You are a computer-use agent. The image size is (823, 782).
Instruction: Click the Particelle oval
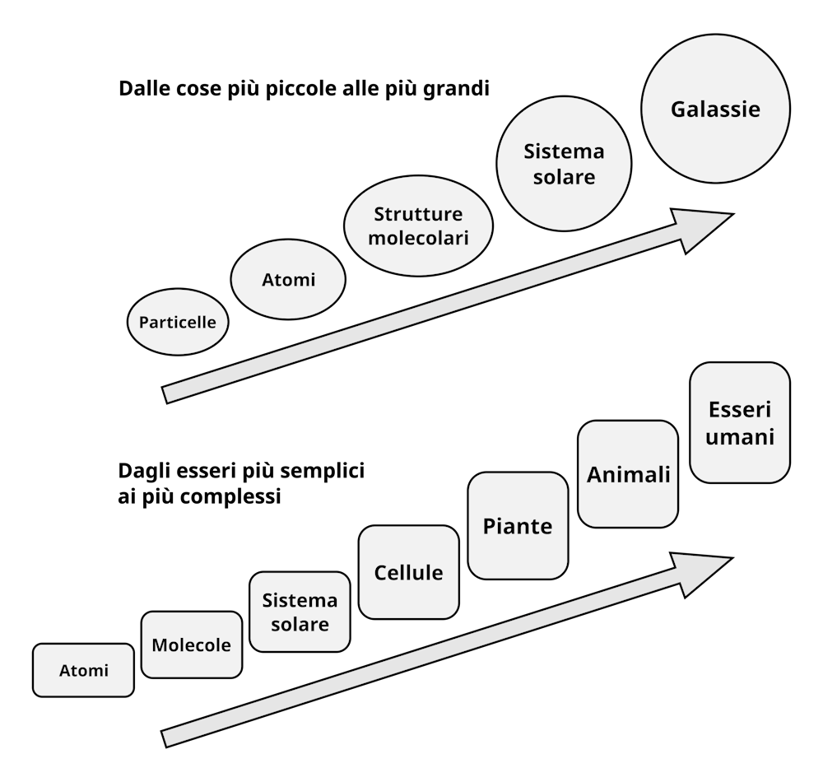(x=178, y=322)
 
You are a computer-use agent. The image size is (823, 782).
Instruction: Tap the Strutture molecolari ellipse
(x=418, y=226)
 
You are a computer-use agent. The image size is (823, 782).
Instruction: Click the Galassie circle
(x=715, y=109)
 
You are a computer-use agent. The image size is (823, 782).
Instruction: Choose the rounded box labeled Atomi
(x=83, y=670)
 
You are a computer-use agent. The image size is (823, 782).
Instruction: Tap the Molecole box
(x=192, y=644)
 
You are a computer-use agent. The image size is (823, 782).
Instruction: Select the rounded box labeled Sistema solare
(x=300, y=612)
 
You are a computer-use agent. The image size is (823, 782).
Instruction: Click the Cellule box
(x=408, y=572)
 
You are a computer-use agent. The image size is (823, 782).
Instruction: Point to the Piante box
(x=518, y=526)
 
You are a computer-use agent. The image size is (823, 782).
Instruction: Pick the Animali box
(x=628, y=474)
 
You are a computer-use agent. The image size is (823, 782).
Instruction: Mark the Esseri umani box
(x=740, y=422)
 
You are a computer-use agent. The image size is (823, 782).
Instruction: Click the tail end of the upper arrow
(x=167, y=394)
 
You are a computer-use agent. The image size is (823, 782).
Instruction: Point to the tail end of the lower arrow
(x=167, y=738)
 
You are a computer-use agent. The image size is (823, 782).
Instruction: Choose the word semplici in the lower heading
(x=324, y=472)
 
